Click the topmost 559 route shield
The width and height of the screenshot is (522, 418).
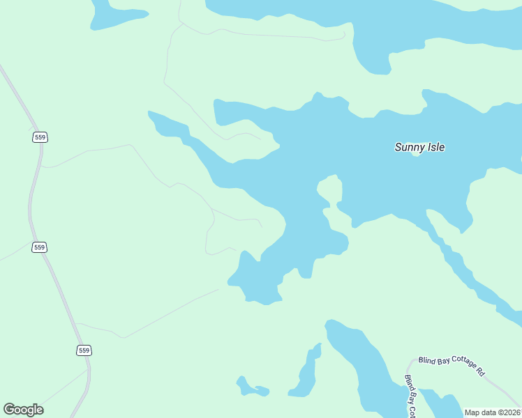(40, 137)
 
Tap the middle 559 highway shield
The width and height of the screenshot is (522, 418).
(40, 247)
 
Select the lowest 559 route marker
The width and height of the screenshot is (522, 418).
(84, 350)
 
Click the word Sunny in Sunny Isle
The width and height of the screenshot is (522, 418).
(409, 147)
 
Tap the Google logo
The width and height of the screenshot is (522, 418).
(23, 410)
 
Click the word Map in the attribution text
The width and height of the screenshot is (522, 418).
(473, 412)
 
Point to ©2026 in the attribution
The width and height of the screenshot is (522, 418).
(507, 412)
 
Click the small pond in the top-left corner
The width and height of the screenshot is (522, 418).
(115, 13)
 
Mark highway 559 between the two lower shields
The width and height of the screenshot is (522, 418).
(62, 298)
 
